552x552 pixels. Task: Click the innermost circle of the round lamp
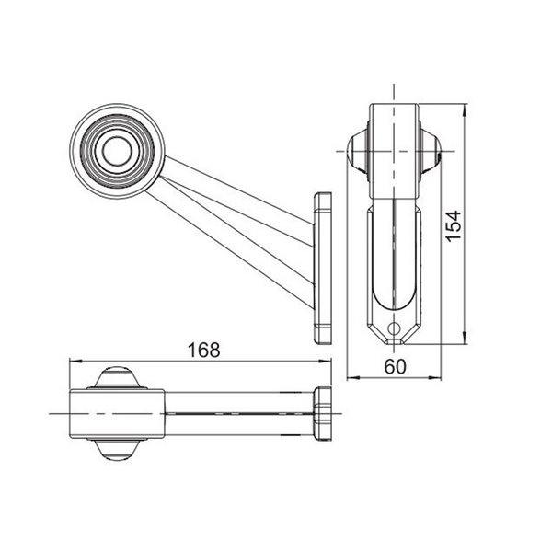click(116, 150)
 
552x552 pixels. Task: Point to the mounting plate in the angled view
click(323, 267)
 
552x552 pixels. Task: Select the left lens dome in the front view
click(359, 151)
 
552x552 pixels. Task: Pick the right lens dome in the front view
click(431, 151)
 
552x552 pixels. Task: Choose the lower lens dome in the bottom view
click(117, 450)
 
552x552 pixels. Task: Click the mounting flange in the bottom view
click(322, 414)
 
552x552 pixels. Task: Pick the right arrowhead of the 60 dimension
click(437, 377)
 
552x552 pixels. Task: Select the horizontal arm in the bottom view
click(239, 414)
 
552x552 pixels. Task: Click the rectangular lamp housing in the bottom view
click(117, 414)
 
